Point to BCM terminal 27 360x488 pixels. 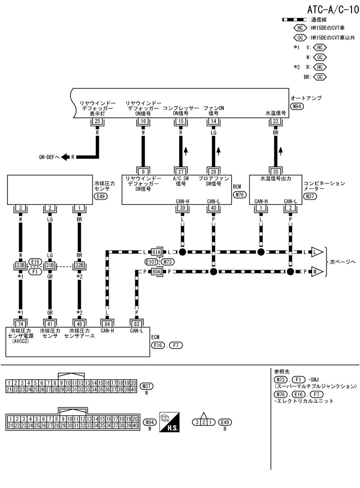tap(180, 171)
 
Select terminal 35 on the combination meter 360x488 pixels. tap(275, 171)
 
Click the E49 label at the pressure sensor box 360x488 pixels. tap(101, 196)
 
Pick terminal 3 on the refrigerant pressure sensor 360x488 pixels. tap(20, 208)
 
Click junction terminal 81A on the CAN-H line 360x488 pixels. tap(157, 251)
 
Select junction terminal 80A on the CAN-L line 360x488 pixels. tap(157, 272)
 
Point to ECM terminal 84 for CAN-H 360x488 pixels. tap(107, 323)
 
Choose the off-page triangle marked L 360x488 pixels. tap(316, 251)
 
